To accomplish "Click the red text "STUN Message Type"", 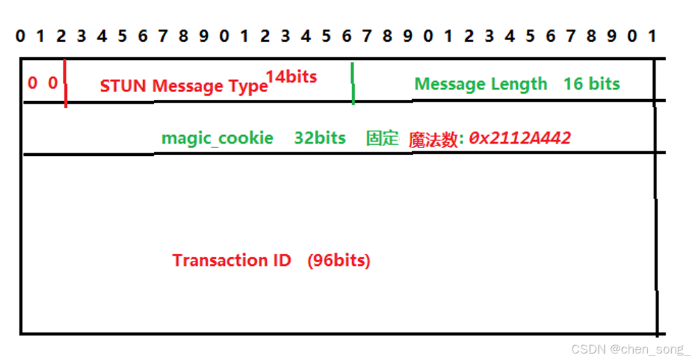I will tap(184, 86).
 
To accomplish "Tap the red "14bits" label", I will tap(291, 77).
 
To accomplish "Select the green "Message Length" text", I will tap(480, 84).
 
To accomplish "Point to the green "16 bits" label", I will tap(591, 84).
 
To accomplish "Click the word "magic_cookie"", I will tap(217, 138).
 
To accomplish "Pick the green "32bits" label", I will tap(319, 138).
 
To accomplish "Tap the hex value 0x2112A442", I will tap(519, 138).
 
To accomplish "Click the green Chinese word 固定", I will tap(383, 138).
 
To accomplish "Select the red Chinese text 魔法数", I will tap(433, 140).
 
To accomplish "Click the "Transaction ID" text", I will tap(231, 261).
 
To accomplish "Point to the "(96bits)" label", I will tap(339, 261).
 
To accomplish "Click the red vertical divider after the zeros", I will tap(66, 84).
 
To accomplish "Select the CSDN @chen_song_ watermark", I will tap(629, 348).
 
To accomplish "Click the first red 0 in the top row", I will tap(32, 82).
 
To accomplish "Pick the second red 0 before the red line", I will tap(53, 82).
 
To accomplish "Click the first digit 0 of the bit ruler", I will tap(21, 36).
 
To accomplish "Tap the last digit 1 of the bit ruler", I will tap(652, 36).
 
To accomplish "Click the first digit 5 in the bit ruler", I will tap(122, 36).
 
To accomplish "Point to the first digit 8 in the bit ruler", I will tap(183, 36).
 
